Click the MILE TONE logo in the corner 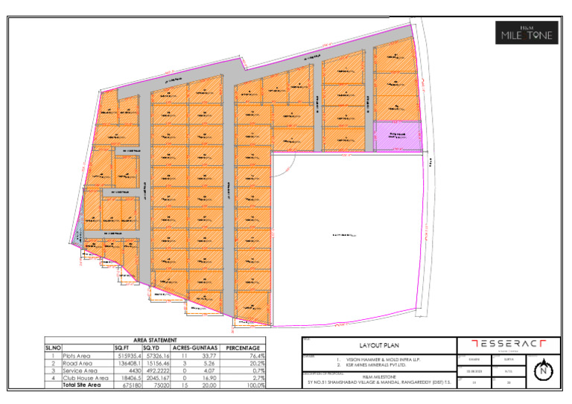pos(527,33)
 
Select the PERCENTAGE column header pos(242,347)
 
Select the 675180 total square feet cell pos(124,385)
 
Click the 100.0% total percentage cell pos(254,385)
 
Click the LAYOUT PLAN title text pos(378,346)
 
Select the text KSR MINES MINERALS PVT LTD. pos(378,365)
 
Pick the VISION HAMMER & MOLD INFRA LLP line pos(378,359)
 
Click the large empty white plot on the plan pos(343,235)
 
